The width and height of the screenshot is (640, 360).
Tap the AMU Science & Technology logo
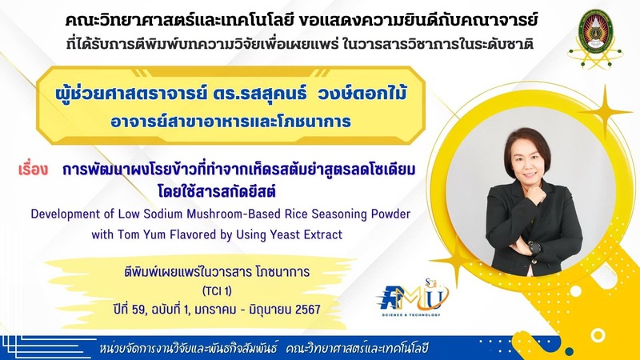tap(412, 298)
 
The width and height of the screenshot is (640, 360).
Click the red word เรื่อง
tap(33, 170)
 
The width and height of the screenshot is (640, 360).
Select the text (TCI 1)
tap(217, 291)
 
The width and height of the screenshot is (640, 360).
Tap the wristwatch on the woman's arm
tap(534, 247)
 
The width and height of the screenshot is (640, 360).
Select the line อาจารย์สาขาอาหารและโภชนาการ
tap(230, 122)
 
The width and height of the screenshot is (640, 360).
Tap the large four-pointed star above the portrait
tap(606, 111)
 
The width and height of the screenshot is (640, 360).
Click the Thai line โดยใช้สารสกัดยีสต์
tap(217, 190)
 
